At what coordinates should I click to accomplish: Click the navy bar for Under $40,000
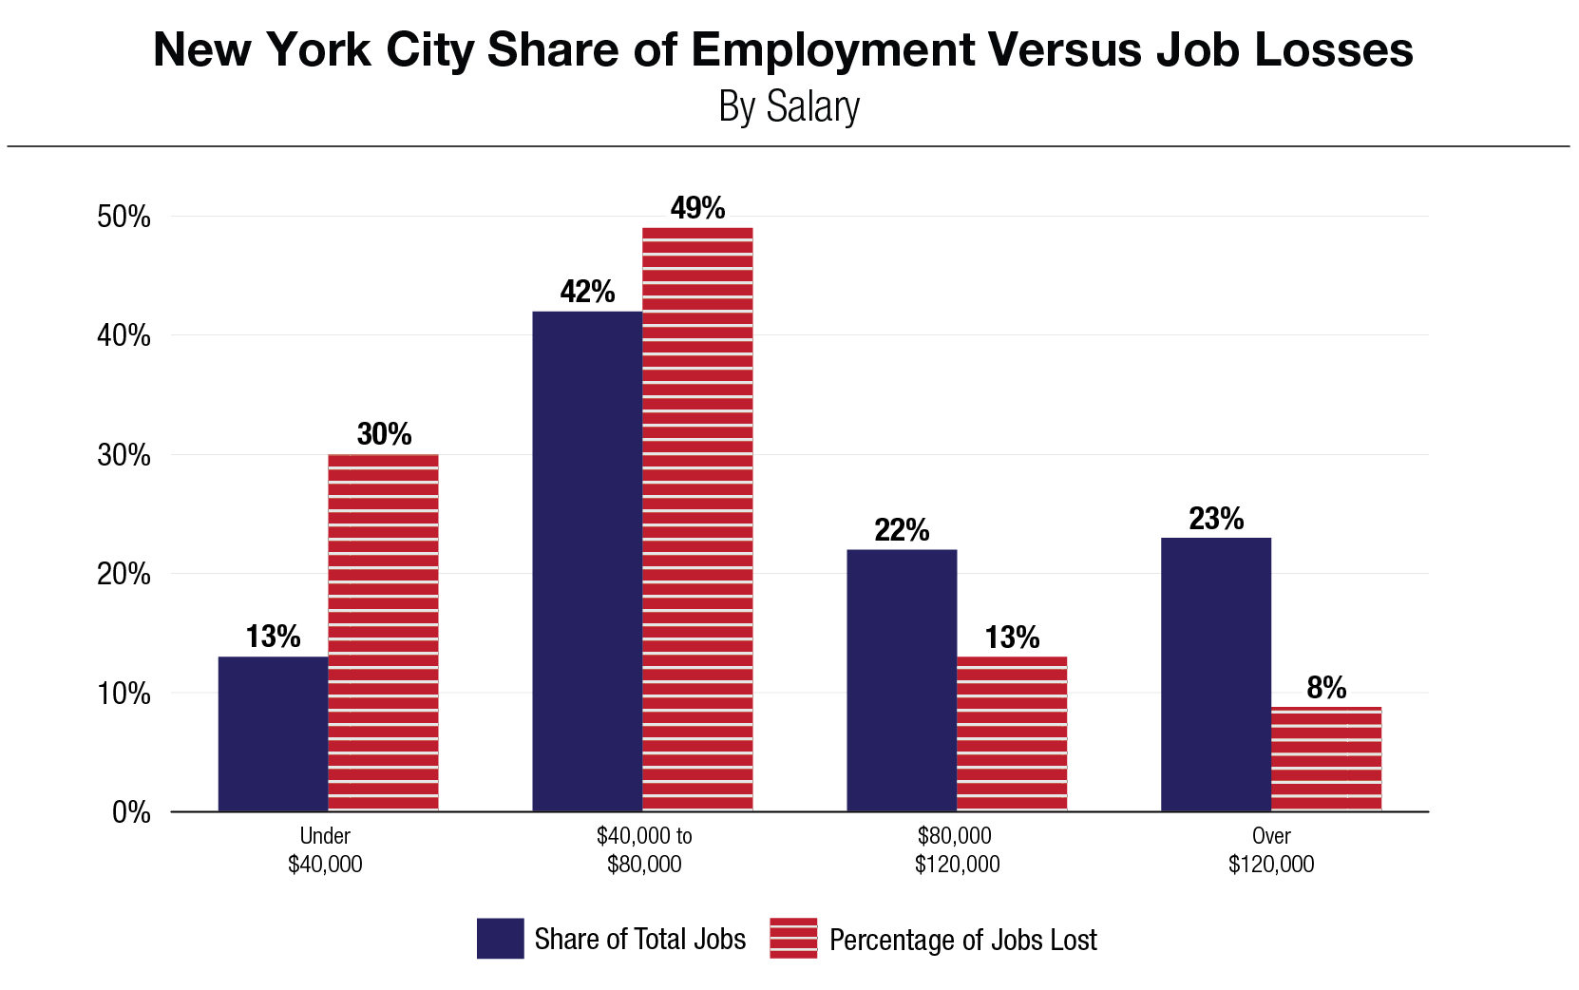(x=274, y=733)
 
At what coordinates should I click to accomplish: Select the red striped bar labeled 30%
(x=383, y=632)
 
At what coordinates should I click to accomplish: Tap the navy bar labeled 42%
(x=587, y=561)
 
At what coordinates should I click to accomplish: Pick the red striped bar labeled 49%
(x=697, y=519)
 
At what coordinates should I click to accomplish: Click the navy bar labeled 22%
(x=902, y=680)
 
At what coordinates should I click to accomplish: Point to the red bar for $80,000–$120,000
(x=1012, y=733)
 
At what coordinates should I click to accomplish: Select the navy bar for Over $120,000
(x=1216, y=675)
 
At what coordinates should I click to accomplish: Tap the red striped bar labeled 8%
(x=1326, y=758)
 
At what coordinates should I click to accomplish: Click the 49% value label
(x=697, y=208)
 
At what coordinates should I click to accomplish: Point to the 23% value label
(x=1216, y=519)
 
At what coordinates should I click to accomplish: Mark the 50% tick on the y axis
(x=124, y=217)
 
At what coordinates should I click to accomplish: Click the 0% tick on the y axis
(x=131, y=812)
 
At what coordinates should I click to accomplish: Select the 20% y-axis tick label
(x=124, y=574)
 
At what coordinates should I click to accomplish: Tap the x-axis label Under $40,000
(x=325, y=850)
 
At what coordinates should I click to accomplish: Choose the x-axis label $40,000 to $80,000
(x=644, y=850)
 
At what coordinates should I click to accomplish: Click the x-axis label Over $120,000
(x=1271, y=850)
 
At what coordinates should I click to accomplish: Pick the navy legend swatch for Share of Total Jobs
(x=500, y=939)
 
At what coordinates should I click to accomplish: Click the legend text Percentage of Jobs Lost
(x=962, y=940)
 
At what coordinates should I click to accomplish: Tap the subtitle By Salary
(x=789, y=106)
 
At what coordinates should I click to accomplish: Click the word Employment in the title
(x=833, y=49)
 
